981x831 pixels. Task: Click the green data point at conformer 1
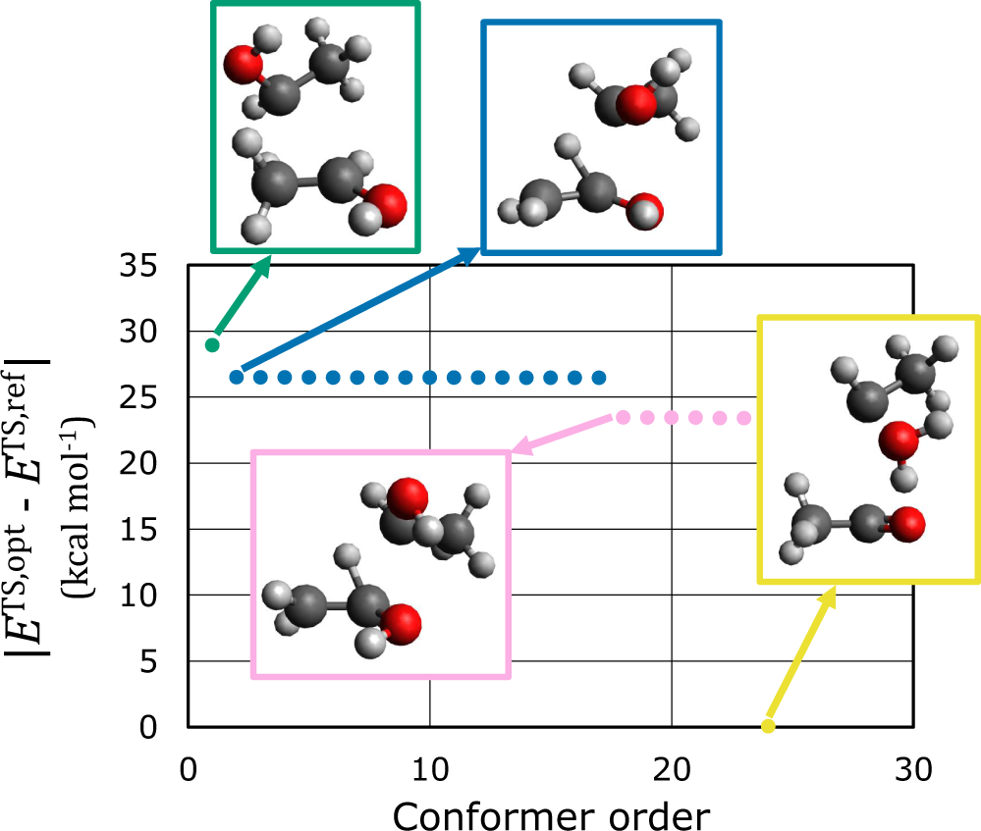212,344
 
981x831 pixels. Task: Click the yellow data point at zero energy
769,726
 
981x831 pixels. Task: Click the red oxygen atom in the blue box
639,104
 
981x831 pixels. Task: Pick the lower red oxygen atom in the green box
387,207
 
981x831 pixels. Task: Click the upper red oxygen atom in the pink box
406,496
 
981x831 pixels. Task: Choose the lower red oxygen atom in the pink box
402,622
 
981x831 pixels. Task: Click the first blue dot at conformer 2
236,377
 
